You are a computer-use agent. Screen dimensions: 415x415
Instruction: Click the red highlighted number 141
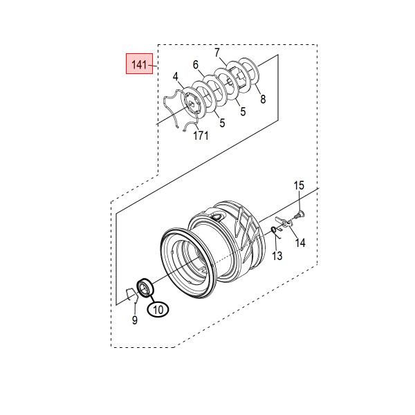click(139, 64)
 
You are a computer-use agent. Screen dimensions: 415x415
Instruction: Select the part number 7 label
click(217, 53)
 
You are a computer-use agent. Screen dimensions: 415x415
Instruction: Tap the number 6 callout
click(196, 64)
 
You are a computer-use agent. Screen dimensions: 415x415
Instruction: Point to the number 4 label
click(176, 77)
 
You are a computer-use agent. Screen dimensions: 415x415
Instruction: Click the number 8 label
click(263, 99)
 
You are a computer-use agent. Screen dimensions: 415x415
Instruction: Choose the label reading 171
click(201, 136)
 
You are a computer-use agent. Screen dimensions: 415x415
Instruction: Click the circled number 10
click(158, 309)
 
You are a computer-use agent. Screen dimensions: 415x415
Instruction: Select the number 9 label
click(135, 320)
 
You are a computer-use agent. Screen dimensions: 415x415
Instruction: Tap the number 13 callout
click(277, 256)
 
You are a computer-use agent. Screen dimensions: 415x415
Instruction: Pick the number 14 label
click(300, 243)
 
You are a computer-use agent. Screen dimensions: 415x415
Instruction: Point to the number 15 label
click(299, 185)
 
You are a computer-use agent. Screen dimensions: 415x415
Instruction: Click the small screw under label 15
click(299, 214)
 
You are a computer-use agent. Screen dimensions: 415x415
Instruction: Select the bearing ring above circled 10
click(145, 288)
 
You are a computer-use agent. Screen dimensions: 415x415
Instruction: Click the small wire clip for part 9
click(132, 295)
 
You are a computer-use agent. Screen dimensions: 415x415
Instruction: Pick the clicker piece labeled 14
click(283, 222)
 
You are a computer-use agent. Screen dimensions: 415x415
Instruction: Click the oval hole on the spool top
click(218, 217)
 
